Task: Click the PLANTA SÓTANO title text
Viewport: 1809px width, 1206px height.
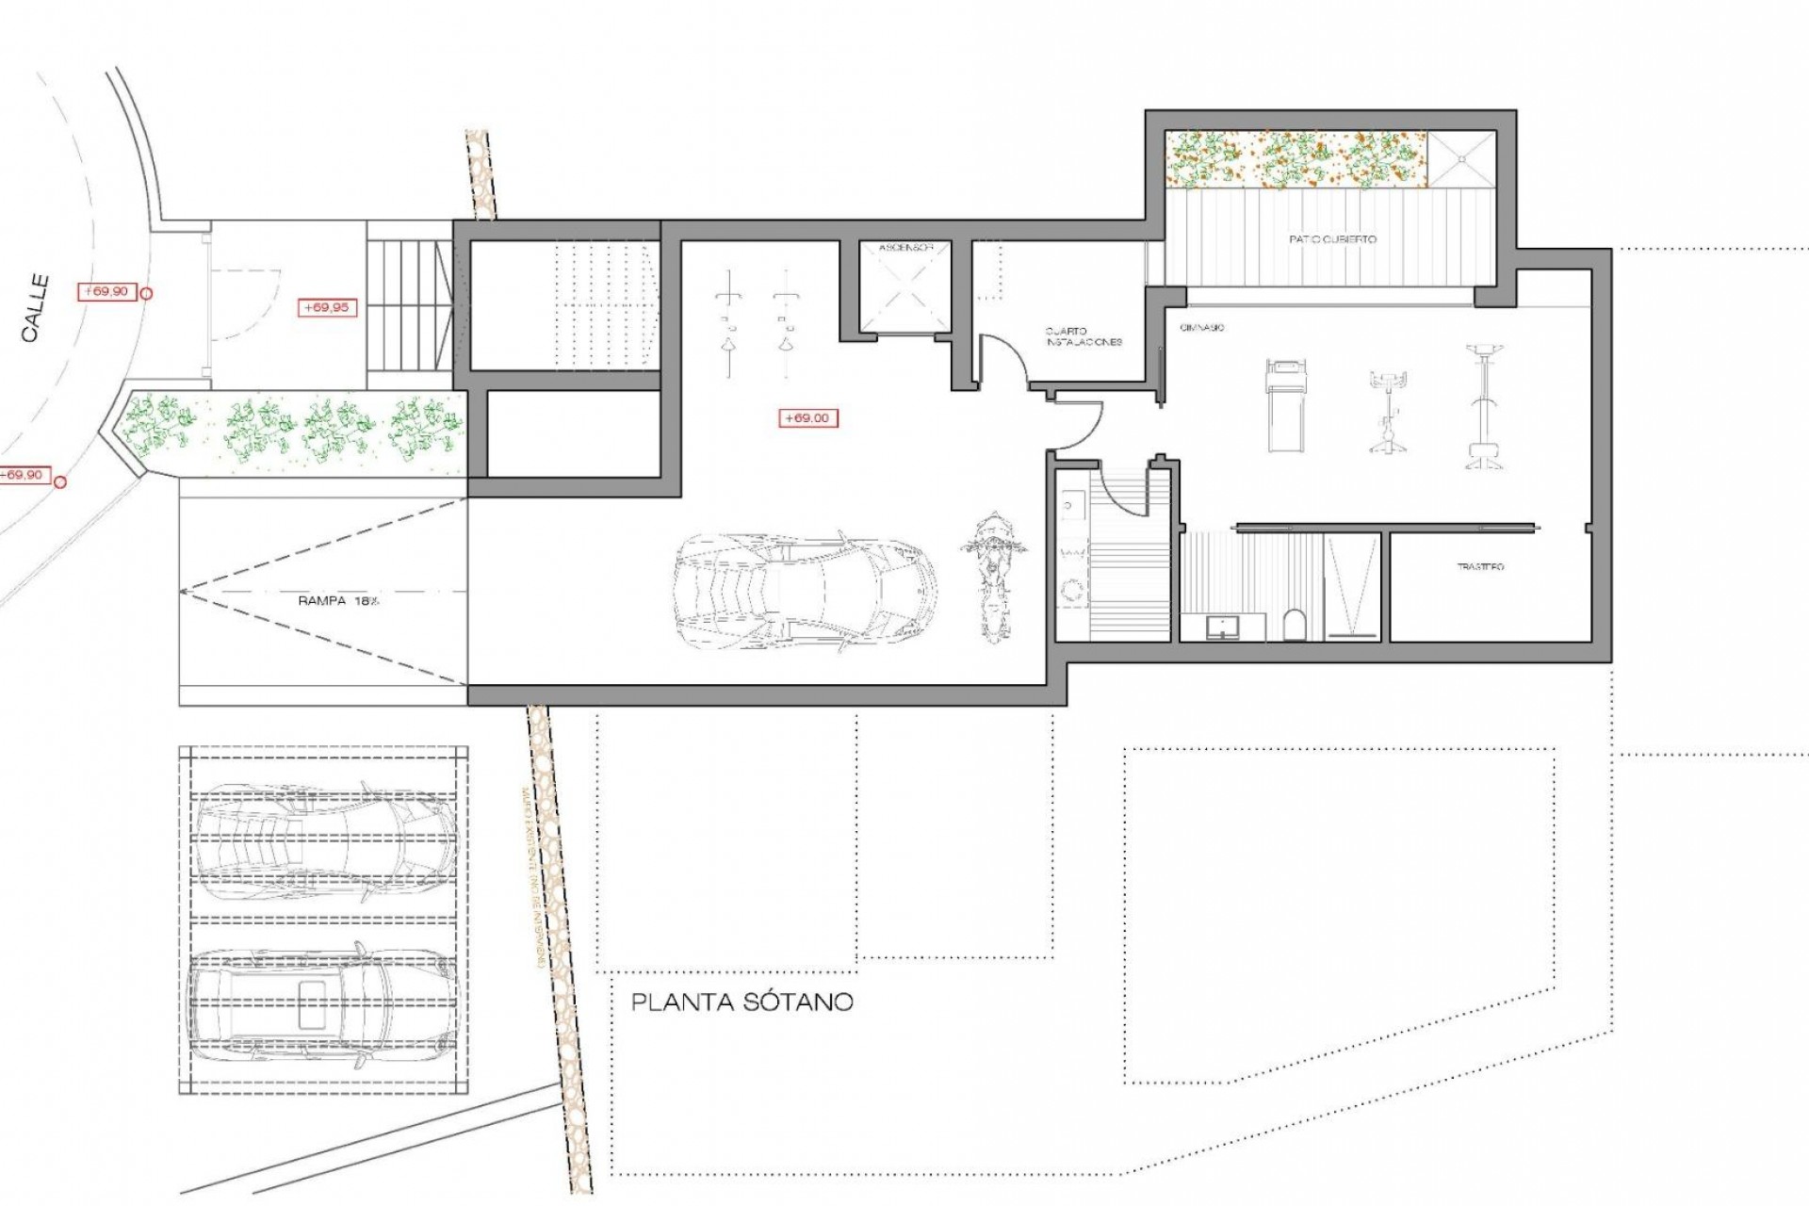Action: point(742,1002)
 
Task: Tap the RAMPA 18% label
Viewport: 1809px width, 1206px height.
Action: point(338,600)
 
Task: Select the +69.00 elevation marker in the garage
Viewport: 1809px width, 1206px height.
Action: point(807,417)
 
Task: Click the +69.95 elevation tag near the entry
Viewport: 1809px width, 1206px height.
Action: point(327,307)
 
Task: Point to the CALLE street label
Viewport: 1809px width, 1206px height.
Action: point(35,308)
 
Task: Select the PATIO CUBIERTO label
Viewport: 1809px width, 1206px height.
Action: point(1332,239)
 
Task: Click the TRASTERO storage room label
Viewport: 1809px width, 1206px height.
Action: point(1480,566)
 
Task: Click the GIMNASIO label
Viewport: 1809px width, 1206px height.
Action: point(1201,327)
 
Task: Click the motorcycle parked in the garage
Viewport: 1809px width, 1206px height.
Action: point(992,575)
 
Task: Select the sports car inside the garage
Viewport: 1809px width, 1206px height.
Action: point(807,592)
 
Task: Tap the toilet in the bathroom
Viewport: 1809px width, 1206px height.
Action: point(1295,624)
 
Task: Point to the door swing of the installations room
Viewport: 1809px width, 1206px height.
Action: point(1002,358)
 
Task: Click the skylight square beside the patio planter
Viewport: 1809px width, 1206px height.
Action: point(1462,159)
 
